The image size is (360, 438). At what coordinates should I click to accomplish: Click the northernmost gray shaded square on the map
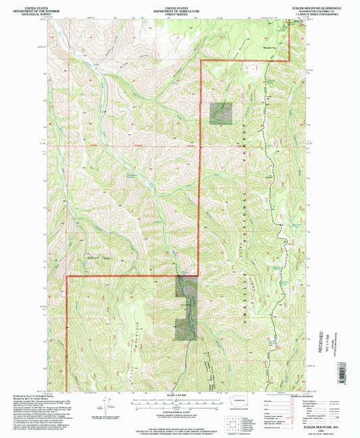221,113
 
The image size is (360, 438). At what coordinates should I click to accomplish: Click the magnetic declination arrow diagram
104,407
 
